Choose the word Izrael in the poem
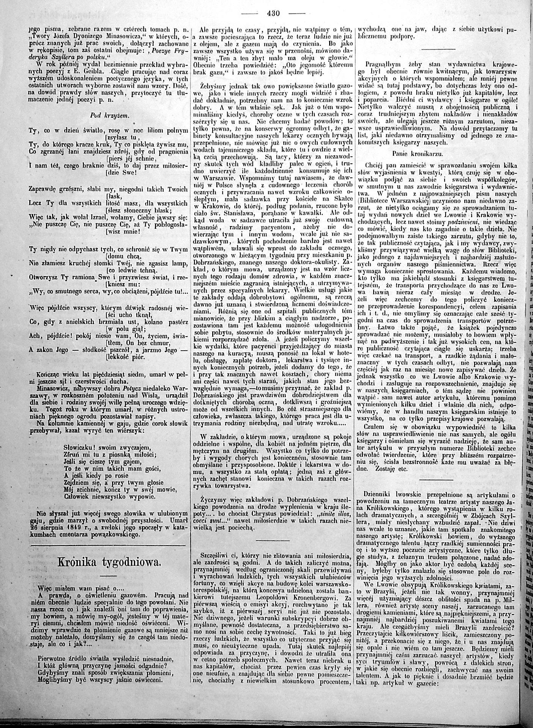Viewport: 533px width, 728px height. point(100,218)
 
